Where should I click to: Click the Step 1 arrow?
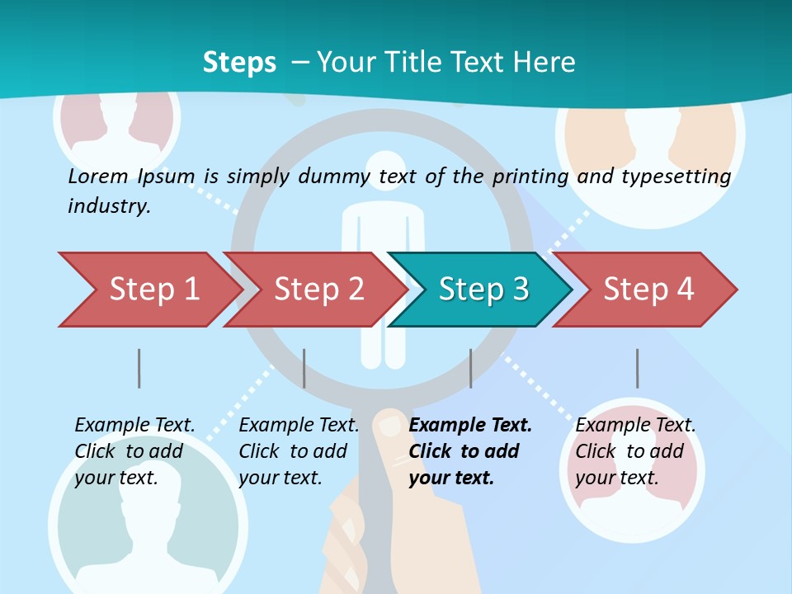(x=148, y=290)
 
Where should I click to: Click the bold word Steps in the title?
(x=239, y=62)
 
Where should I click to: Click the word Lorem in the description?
(x=98, y=176)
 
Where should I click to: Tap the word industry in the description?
(x=109, y=206)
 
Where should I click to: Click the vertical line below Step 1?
(x=139, y=368)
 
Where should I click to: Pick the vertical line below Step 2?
(x=304, y=368)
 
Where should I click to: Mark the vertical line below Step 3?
(x=470, y=368)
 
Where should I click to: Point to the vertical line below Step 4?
(x=637, y=368)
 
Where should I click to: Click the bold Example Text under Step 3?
(x=470, y=426)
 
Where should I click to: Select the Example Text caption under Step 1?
(x=134, y=426)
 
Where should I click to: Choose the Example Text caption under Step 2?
(x=299, y=426)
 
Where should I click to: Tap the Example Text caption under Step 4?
(x=635, y=426)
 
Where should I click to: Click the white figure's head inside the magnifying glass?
(x=381, y=167)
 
